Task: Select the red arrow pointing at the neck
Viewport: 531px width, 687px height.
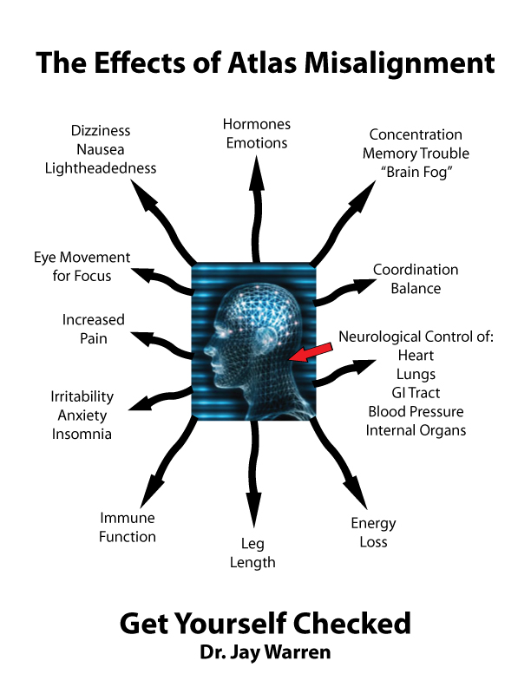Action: (x=311, y=353)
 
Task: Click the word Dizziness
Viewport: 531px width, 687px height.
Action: (x=101, y=131)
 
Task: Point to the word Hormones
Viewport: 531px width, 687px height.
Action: (x=257, y=124)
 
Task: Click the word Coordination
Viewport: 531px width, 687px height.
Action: (x=416, y=270)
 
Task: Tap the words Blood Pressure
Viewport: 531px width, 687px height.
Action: (x=416, y=411)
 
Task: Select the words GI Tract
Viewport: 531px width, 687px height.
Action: (x=416, y=393)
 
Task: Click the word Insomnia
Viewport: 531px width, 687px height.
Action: (x=82, y=434)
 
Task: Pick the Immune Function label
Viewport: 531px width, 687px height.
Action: (x=127, y=527)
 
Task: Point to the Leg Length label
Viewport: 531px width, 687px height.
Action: (x=252, y=553)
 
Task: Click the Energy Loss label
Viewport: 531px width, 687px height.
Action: (x=373, y=533)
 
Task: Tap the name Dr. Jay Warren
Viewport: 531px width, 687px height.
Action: (x=265, y=652)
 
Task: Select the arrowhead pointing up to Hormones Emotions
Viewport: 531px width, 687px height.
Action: (x=257, y=173)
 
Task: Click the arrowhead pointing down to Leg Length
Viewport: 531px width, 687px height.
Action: (x=253, y=509)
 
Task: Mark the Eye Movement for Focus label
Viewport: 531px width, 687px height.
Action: (x=82, y=266)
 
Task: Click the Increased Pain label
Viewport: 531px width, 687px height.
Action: (x=94, y=329)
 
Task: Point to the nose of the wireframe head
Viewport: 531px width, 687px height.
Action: (x=206, y=350)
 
